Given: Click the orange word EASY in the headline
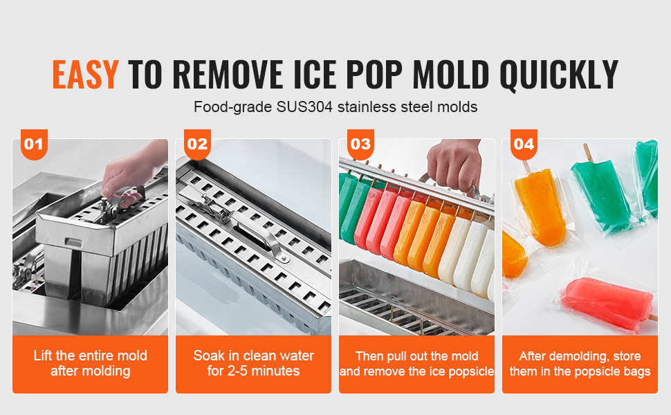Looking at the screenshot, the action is [x=85, y=75].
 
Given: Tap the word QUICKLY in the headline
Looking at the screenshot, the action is [x=559, y=75].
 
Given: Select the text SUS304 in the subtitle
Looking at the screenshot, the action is [x=304, y=107].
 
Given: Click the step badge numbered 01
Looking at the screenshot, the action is [x=34, y=144].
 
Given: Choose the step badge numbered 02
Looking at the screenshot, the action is [x=197, y=144].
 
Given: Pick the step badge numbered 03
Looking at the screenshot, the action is [x=360, y=144].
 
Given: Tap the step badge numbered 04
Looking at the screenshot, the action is [x=524, y=144].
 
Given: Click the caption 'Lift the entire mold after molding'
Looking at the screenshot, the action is [x=91, y=363].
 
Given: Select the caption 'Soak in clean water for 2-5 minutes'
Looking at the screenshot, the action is [x=253, y=363].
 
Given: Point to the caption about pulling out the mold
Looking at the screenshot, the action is [x=417, y=364].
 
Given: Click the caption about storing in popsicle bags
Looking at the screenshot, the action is [x=580, y=364].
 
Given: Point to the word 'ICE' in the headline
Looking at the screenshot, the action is [x=315, y=75].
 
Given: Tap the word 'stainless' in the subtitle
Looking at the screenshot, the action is [x=366, y=107].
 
